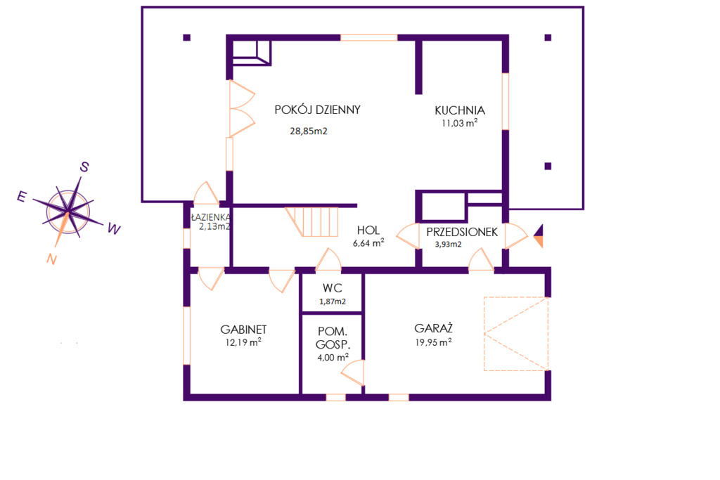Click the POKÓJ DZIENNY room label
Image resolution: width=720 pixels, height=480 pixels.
pyautogui.click(x=317, y=110)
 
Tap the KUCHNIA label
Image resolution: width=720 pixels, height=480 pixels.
pyautogui.click(x=460, y=110)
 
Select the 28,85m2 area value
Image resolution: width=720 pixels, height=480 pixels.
pyautogui.click(x=309, y=131)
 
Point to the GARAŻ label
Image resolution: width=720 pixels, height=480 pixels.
pyautogui.click(x=433, y=328)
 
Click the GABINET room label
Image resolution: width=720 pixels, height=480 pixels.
pyautogui.click(x=243, y=330)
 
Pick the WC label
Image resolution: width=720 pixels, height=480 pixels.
pyautogui.click(x=333, y=288)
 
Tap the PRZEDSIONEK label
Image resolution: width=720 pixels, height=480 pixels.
pyautogui.click(x=462, y=232)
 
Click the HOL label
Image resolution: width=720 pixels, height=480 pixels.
pyautogui.click(x=368, y=231)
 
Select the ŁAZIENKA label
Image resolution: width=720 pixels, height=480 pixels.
pyautogui.click(x=211, y=217)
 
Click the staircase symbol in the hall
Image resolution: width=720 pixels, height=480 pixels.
pyautogui.click(x=312, y=221)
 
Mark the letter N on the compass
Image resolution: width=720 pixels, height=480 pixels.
pyautogui.click(x=51, y=260)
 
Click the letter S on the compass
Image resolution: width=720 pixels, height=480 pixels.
pyautogui.click(x=84, y=167)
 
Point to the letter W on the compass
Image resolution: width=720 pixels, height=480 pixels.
pyautogui.click(x=114, y=228)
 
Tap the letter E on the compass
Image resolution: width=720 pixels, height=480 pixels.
pyautogui.click(x=22, y=197)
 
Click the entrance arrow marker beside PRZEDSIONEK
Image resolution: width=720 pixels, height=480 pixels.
pyautogui.click(x=538, y=236)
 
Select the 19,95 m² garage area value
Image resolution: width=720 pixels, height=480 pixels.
pyautogui.click(x=433, y=342)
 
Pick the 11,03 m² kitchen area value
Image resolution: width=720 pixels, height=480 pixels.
pyautogui.click(x=459, y=123)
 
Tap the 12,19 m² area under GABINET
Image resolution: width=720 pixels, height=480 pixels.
pyautogui.click(x=243, y=342)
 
